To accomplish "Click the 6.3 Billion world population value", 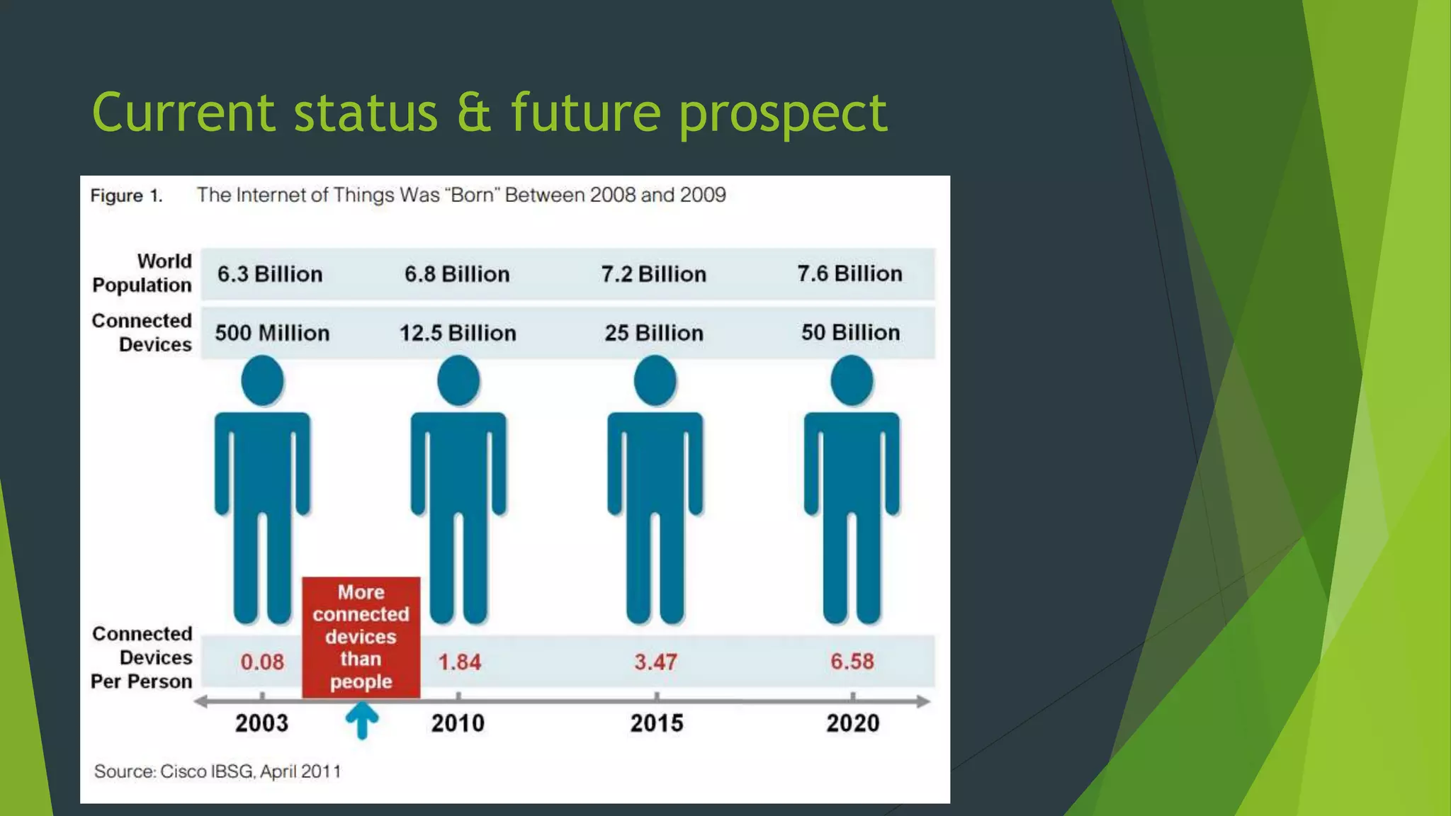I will click(x=270, y=274).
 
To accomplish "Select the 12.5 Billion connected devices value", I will click(x=458, y=333).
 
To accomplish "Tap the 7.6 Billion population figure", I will click(x=849, y=273).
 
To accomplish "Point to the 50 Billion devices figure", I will click(x=850, y=332).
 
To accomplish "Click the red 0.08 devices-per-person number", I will click(x=262, y=662).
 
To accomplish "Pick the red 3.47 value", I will click(x=655, y=662).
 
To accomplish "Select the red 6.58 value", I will click(x=852, y=661).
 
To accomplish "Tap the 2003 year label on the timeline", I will click(x=261, y=723).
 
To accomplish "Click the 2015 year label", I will click(x=657, y=723).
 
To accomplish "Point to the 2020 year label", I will click(x=853, y=723).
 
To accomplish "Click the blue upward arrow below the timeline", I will click(x=362, y=720).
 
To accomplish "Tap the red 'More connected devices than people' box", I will click(x=361, y=637).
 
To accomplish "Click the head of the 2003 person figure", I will click(x=262, y=380).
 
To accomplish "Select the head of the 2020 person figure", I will click(x=852, y=380).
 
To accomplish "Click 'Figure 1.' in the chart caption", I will click(x=126, y=195).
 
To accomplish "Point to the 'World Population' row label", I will click(x=142, y=273).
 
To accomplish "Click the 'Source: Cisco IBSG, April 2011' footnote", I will click(x=218, y=771).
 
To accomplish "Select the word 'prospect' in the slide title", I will click(x=782, y=113).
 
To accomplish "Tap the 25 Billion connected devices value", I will click(x=654, y=333).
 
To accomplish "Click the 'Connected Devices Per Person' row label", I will click(x=142, y=657).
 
